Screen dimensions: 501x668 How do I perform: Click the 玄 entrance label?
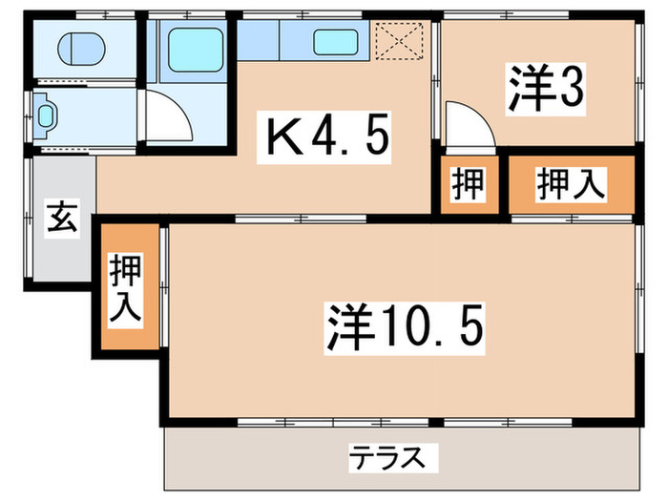pos(62,219)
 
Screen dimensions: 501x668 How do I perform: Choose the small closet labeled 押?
pos(468,184)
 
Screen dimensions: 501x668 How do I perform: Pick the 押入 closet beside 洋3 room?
pos(570,184)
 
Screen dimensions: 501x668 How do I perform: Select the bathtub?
pos(195,49)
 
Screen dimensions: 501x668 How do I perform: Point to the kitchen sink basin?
pos(338,43)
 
